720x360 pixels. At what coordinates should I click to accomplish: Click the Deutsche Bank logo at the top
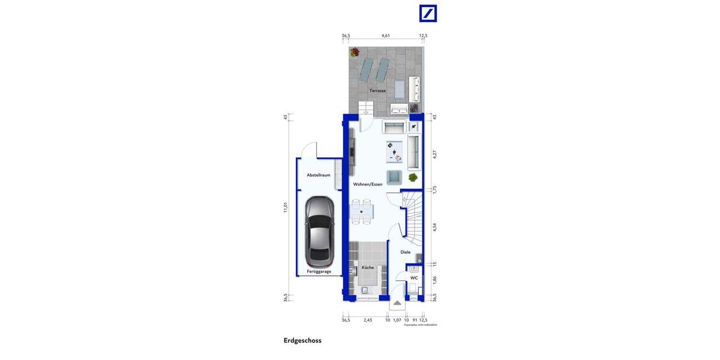428,13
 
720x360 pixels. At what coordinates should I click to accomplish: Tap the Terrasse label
377,91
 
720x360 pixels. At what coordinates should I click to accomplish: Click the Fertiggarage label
319,271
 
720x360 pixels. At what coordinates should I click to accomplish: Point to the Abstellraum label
318,175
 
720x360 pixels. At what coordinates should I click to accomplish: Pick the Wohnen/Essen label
368,184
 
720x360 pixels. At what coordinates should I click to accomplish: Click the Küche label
368,267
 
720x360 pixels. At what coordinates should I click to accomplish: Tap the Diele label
406,252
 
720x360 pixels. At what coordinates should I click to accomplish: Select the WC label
413,278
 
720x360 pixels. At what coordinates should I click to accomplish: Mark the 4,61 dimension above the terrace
386,36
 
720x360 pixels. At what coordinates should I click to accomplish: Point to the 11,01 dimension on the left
286,207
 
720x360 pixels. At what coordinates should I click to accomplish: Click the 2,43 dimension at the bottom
368,320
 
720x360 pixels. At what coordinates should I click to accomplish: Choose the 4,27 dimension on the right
435,154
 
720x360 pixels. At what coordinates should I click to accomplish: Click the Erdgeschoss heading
302,341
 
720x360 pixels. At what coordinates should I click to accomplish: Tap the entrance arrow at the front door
397,304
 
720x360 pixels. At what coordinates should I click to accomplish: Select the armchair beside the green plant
394,177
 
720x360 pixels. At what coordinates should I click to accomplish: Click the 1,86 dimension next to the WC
435,279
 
